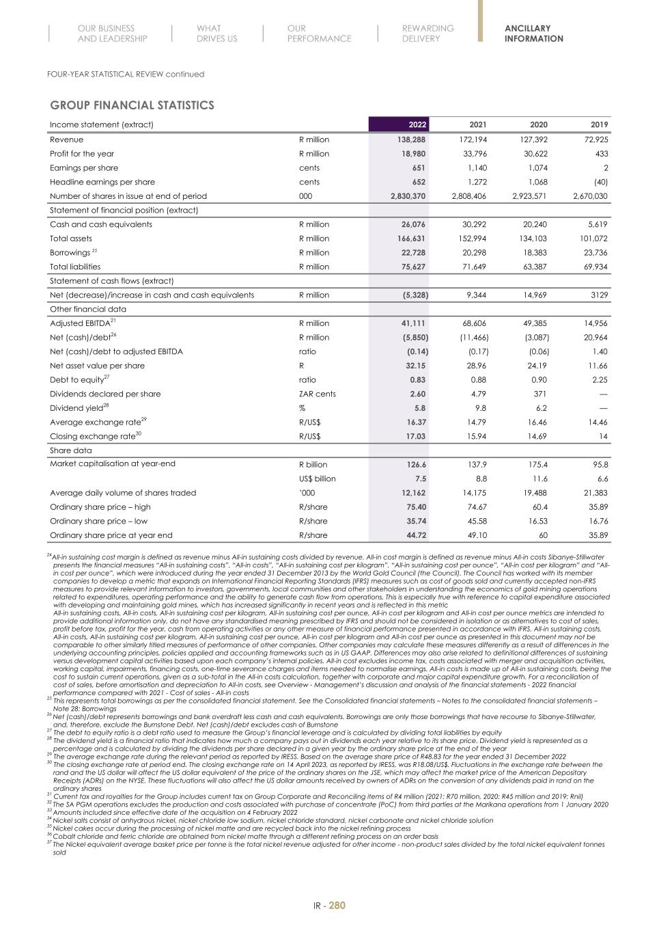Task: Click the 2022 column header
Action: (x=417, y=124)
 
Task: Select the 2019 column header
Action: (x=599, y=124)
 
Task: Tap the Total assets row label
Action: (x=74, y=239)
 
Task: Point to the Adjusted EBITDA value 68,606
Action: (x=473, y=323)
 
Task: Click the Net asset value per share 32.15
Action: (x=416, y=366)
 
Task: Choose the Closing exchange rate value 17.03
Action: (x=416, y=436)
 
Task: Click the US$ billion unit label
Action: (x=318, y=479)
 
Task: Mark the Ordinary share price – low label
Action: (x=100, y=521)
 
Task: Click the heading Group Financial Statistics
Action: (x=132, y=105)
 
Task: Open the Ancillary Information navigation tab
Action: (x=533, y=33)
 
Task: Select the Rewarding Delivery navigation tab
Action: (x=427, y=33)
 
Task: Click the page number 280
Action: (x=337, y=906)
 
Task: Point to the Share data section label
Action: (x=70, y=450)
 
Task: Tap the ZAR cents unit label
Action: (x=318, y=394)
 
